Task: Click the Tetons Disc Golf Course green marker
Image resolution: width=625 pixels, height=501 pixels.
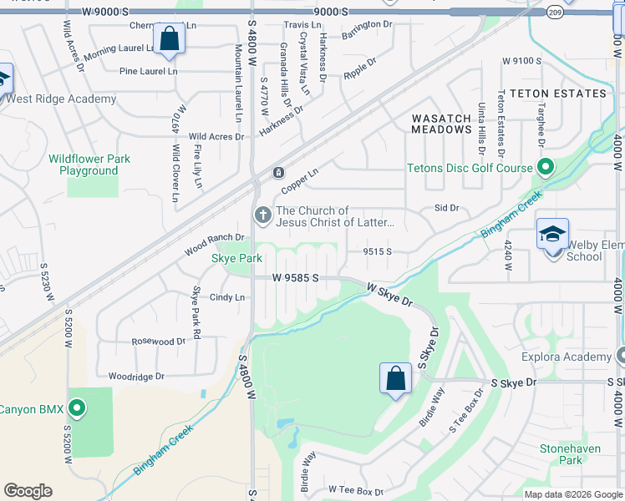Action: (x=545, y=168)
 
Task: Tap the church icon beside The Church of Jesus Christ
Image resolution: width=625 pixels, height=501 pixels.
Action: (x=263, y=216)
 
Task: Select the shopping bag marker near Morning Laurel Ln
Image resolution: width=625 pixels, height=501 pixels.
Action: (x=170, y=39)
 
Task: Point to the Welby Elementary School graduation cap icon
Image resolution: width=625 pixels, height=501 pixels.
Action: (x=552, y=234)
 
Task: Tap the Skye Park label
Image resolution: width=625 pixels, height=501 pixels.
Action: (x=237, y=259)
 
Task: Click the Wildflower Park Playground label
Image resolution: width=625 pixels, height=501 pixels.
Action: (x=89, y=164)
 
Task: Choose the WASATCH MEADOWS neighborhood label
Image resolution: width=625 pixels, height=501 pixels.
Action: (x=442, y=124)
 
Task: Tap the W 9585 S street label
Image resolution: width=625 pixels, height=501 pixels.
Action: (x=296, y=278)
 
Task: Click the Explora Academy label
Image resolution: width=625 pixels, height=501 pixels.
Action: (x=571, y=357)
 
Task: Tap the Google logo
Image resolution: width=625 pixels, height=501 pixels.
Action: (x=28, y=491)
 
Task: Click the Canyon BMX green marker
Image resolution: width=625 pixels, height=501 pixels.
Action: (x=77, y=409)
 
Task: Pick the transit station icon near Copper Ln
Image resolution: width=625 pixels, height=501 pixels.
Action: (x=278, y=173)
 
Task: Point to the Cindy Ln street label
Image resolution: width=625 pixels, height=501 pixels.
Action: (x=227, y=297)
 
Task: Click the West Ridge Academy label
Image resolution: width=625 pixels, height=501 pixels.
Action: (x=61, y=99)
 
